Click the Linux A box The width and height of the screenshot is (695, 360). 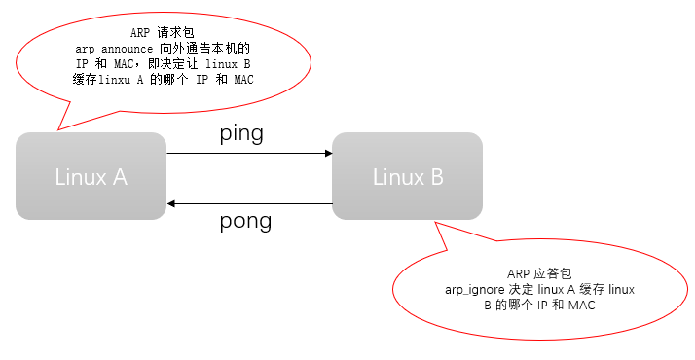(x=91, y=176)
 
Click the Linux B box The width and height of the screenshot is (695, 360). (x=407, y=176)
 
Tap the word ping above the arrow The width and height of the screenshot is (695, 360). (x=241, y=134)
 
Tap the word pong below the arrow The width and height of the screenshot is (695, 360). (x=244, y=221)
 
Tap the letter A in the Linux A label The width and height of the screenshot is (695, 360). (x=120, y=177)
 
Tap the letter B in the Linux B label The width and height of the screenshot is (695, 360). (x=436, y=177)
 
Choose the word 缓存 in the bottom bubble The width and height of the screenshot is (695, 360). (x=593, y=290)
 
